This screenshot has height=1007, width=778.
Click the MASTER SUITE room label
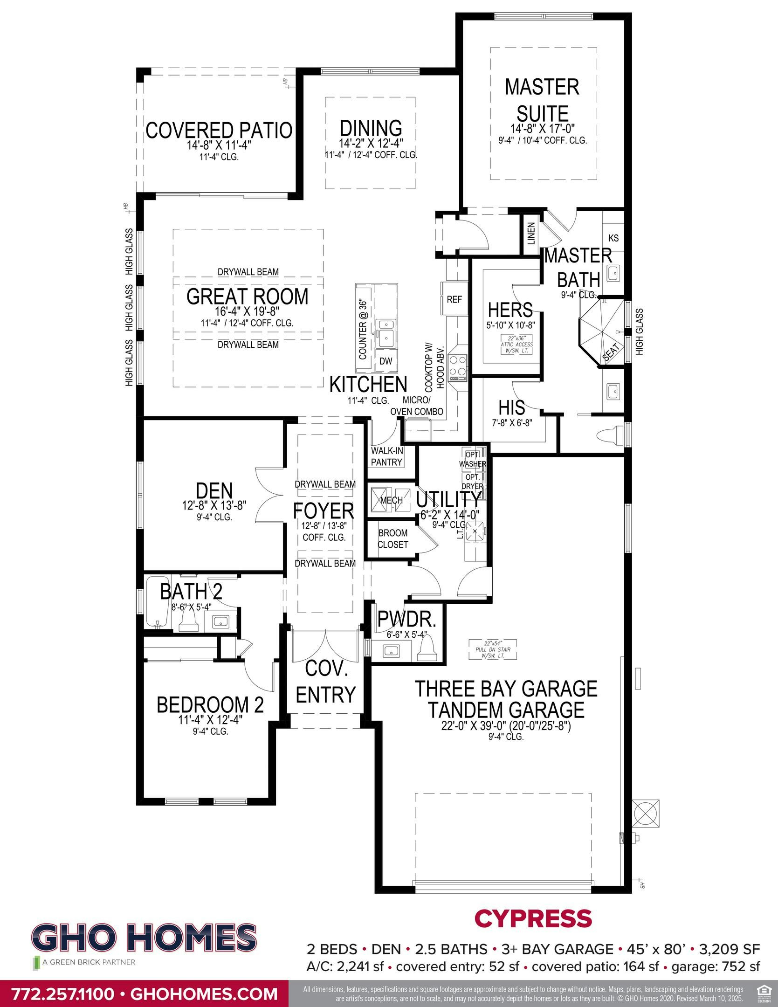[542, 100]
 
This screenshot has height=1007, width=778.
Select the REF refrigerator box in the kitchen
[454, 299]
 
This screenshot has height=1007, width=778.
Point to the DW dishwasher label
[386, 361]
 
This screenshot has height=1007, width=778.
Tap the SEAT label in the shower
[611, 351]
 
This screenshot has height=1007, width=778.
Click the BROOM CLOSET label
[392, 538]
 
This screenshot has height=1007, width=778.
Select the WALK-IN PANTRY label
[386, 456]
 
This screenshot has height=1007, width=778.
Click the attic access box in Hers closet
[516, 344]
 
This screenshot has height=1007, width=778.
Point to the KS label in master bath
[613, 238]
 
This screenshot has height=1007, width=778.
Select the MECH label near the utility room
[392, 500]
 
